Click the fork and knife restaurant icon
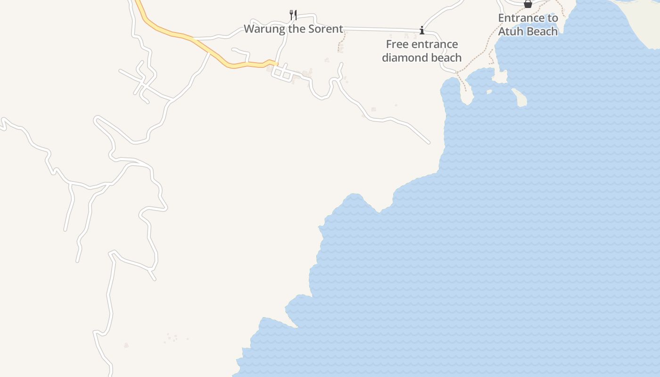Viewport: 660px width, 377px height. pos(293,15)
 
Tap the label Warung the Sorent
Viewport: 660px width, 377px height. pos(293,29)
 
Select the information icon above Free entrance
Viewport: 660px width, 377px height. pos(421,31)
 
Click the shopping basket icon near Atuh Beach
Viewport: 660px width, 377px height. pos(528,4)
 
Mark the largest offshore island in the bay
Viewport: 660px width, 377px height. pos(520,98)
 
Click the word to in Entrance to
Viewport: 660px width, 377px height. pos(553,18)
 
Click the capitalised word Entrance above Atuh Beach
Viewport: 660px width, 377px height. pos(521,18)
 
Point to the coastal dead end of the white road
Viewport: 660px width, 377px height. pos(429,142)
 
